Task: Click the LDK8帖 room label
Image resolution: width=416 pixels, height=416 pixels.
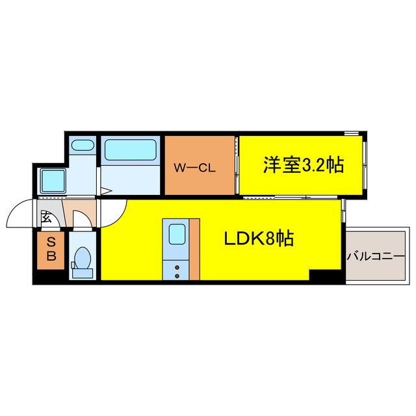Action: tap(259, 239)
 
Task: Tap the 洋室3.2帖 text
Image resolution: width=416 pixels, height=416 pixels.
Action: tap(303, 166)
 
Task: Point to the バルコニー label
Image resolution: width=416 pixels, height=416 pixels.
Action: tap(375, 255)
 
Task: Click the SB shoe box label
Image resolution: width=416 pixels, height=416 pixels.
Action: tap(51, 250)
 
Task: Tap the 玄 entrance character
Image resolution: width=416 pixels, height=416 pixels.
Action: tap(47, 218)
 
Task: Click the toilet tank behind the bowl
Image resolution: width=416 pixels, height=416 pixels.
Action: tap(82, 272)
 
